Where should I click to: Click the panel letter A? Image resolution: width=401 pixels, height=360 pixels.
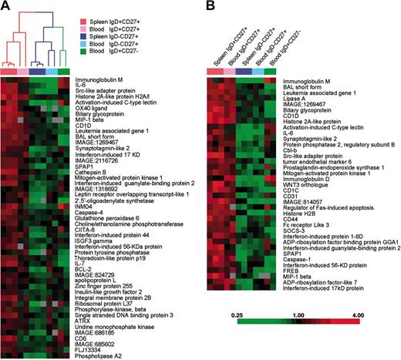(7, 8)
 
